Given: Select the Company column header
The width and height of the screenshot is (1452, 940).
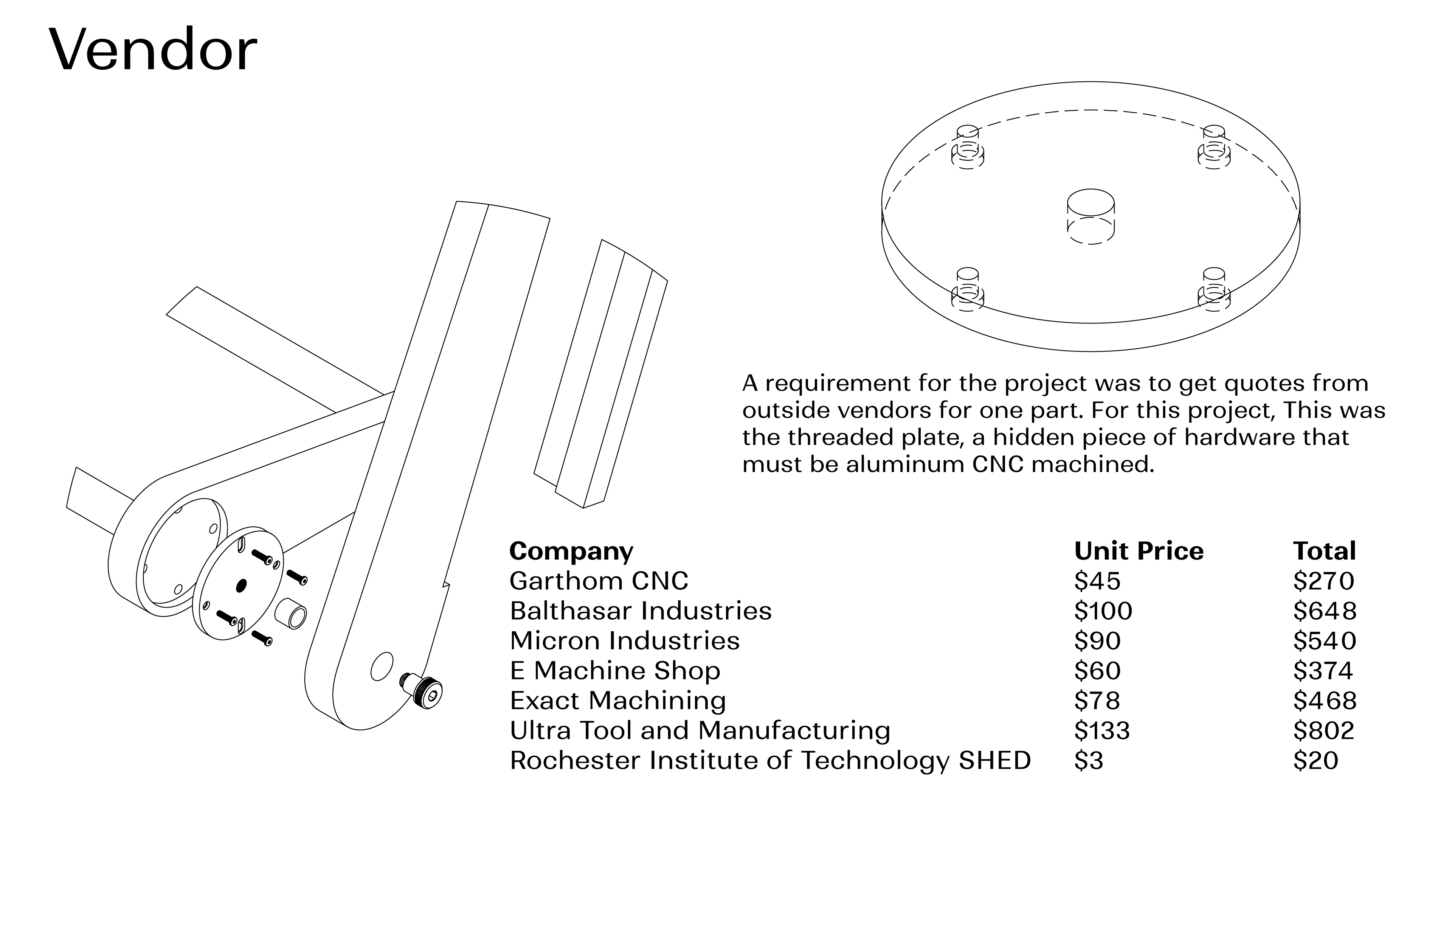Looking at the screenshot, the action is click(x=571, y=551).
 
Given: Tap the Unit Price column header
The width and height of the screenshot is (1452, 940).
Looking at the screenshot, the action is click(x=1139, y=551).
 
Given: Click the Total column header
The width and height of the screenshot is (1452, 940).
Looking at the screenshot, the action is click(x=1324, y=551).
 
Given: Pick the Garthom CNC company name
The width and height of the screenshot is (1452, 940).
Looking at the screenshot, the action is click(x=599, y=581).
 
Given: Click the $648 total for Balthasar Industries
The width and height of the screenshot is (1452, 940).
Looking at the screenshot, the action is click(x=1325, y=611).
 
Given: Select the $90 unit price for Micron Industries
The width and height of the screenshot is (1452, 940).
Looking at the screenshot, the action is click(x=1097, y=641).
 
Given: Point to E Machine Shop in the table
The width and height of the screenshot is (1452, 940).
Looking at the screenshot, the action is click(x=614, y=671).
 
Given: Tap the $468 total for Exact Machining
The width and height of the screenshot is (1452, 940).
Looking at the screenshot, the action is click(x=1325, y=701).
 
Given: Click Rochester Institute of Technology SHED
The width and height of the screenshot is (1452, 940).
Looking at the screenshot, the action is click(x=770, y=761).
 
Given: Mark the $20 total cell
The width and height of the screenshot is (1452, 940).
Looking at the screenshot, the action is click(x=1315, y=761).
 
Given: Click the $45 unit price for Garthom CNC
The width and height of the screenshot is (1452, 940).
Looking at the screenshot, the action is click(x=1097, y=581).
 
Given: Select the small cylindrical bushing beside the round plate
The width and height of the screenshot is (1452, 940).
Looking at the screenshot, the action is click(x=291, y=614).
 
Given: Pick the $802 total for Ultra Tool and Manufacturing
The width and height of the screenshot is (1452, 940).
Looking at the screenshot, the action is click(x=1323, y=731).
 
